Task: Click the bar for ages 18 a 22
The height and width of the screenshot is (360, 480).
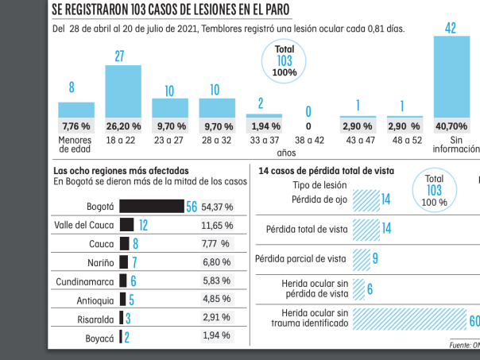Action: [123, 91]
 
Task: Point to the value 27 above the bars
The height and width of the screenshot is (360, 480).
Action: [122, 56]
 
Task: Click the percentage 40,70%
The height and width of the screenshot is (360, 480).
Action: [451, 126]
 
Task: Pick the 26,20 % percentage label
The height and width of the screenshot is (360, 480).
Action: [123, 126]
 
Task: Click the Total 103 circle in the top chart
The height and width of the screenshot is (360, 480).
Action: [285, 60]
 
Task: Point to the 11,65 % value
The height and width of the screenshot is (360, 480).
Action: [216, 225]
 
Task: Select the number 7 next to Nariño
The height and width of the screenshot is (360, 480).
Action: [134, 262]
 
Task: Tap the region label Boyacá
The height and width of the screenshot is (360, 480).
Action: [100, 337]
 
